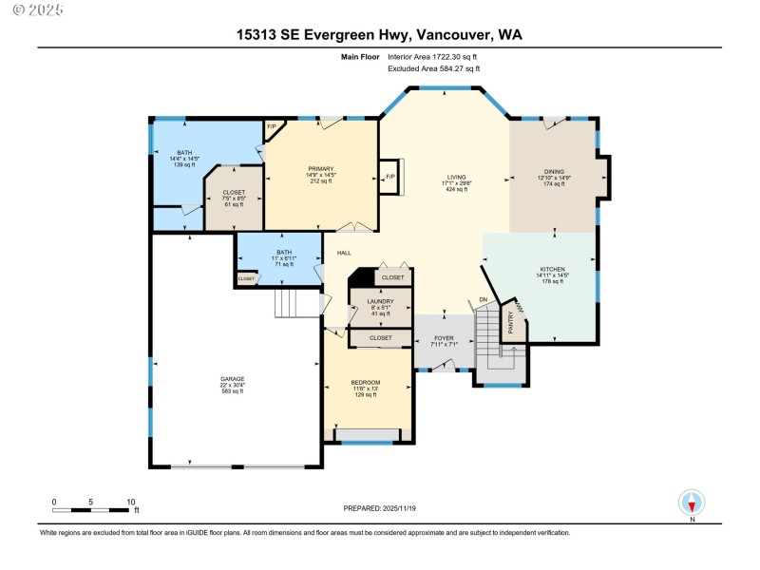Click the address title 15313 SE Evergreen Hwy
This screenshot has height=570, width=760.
(x=379, y=35)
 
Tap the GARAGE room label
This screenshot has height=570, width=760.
(x=233, y=379)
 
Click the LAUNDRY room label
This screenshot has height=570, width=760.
(x=380, y=301)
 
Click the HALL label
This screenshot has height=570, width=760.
(x=344, y=253)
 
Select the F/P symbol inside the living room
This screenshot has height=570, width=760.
(x=389, y=176)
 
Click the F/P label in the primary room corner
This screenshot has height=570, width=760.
(x=271, y=126)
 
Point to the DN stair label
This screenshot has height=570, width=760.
(x=483, y=301)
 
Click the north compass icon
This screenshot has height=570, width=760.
(x=692, y=503)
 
